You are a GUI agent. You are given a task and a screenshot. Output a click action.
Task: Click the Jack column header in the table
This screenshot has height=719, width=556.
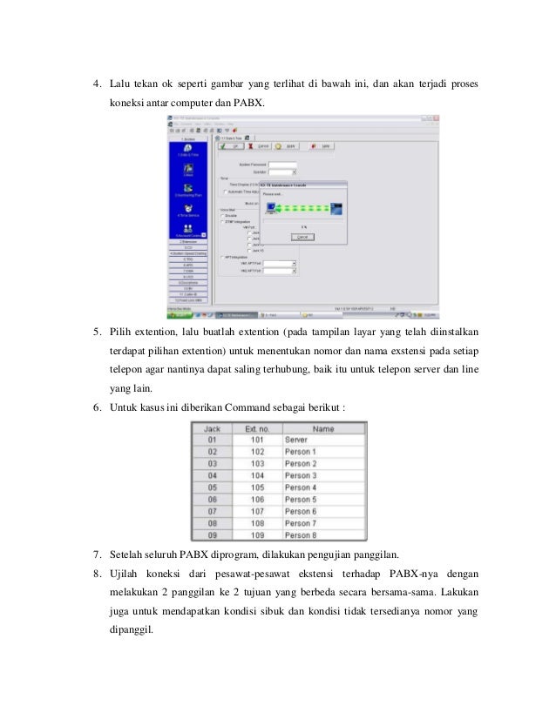pyautogui.click(x=211, y=429)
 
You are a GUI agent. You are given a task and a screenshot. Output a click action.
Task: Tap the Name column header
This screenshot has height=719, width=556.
pyautogui.click(x=323, y=429)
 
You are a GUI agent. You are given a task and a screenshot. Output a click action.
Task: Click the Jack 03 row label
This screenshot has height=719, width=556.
pyautogui.click(x=211, y=464)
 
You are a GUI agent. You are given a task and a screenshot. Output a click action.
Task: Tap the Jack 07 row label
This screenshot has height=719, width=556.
pyautogui.click(x=211, y=511)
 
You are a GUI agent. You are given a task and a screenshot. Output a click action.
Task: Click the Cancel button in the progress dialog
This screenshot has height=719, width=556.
pyautogui.click(x=302, y=236)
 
